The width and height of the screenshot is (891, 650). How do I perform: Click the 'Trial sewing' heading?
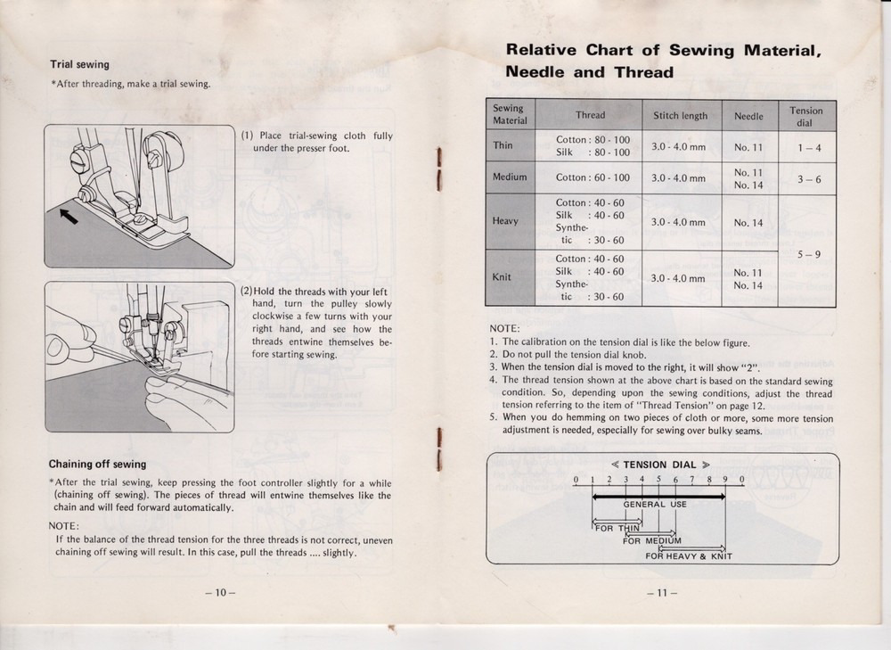[x=79, y=64]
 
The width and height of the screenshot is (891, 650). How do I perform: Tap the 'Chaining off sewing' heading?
[x=97, y=464]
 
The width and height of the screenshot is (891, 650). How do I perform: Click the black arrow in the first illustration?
[x=69, y=215]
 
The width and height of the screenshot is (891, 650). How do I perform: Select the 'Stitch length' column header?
[x=680, y=115]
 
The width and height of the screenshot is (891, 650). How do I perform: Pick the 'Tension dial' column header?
[x=806, y=116]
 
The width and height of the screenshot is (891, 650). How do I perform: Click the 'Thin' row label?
[x=503, y=145]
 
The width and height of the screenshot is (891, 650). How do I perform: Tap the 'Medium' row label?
[x=510, y=177]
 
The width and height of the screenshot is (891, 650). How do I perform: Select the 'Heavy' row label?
[x=505, y=221]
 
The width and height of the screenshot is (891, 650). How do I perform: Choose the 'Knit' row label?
[x=503, y=277]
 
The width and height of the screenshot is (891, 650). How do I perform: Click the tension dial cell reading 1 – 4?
[x=806, y=146]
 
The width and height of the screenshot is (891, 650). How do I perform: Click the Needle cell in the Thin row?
[x=748, y=146]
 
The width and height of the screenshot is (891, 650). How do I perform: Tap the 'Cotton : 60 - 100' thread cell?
[x=592, y=177]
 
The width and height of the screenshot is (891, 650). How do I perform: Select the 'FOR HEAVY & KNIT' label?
[x=689, y=556]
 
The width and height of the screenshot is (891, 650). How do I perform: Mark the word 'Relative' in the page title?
[x=542, y=50]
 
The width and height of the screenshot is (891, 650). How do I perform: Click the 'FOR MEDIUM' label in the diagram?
[x=652, y=540]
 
